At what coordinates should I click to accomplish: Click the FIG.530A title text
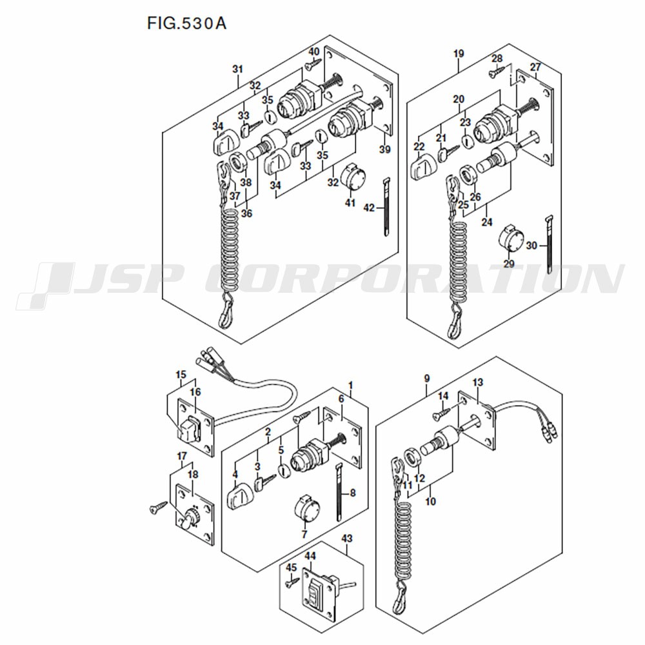point(187,23)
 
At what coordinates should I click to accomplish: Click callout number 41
point(350,203)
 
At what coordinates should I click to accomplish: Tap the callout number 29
point(510,264)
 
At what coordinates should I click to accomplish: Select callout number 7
point(304,534)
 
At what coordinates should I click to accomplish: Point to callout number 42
point(369,208)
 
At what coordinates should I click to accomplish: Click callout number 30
point(531,246)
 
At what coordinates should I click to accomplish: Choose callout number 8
point(353,493)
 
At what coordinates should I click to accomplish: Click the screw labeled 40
point(313,64)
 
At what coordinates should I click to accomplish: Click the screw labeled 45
point(292,582)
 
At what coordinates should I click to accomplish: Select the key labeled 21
point(449,153)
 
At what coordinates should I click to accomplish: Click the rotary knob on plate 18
point(190,518)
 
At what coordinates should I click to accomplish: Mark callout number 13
point(477,382)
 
